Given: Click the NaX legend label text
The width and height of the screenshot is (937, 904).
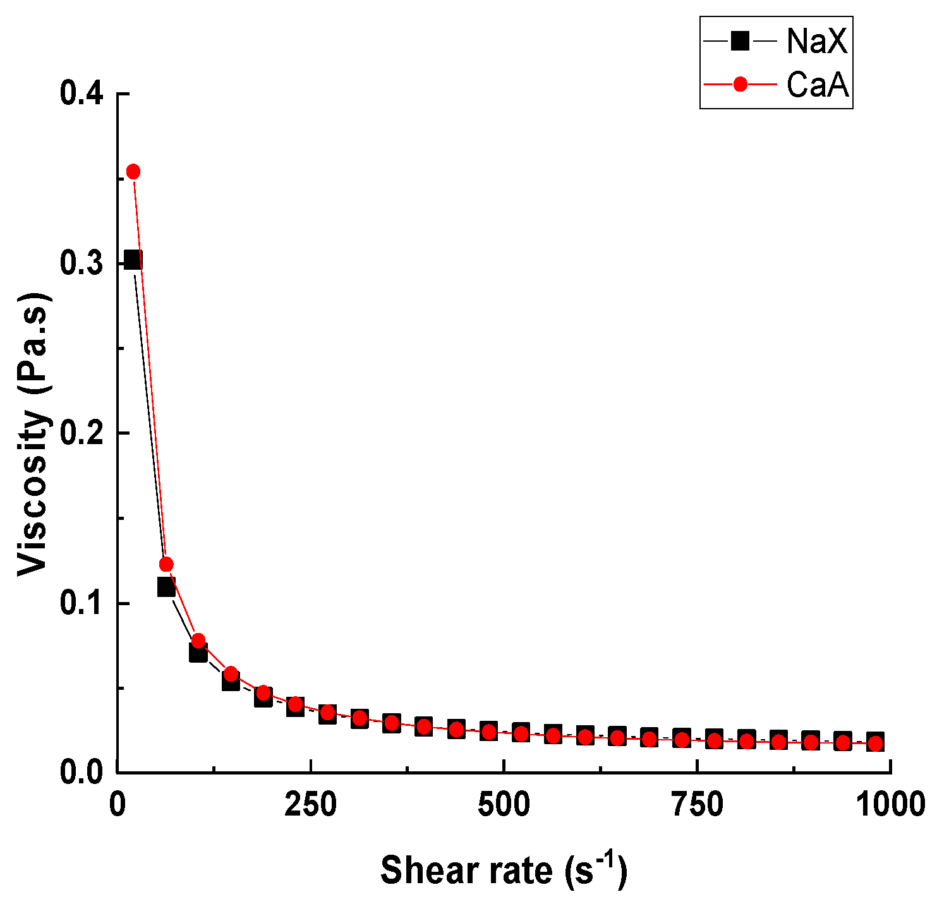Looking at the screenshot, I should pos(816,42).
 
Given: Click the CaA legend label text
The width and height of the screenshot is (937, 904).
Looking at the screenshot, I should pos(817,84).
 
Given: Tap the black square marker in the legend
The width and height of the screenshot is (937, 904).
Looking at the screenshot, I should pos(739,42).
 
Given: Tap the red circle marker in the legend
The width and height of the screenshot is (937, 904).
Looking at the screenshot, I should pos(739,84).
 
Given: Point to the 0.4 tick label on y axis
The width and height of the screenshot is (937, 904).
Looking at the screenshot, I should pos(82,93).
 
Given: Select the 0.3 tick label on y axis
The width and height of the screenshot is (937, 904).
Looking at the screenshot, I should pos(82,263).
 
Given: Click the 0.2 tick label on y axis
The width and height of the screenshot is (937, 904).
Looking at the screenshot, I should pos(82,433).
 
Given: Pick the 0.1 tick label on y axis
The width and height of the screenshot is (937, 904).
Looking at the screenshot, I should pos(82,603).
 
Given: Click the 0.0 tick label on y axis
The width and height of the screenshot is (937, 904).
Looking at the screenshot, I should pos(82,773).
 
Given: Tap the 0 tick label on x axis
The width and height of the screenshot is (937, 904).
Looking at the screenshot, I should pos(118,805).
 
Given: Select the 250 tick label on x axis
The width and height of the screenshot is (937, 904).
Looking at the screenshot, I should pos(310,805).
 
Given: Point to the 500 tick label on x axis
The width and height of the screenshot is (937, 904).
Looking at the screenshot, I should pos(504,805).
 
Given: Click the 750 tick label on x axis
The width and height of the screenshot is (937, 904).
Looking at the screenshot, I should pos(697,805).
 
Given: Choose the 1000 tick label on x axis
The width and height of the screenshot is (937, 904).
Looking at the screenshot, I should pos(890,805).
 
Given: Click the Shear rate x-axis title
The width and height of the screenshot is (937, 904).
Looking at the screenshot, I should pos(504,869).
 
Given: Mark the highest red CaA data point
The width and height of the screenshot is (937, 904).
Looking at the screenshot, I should pos(133,171).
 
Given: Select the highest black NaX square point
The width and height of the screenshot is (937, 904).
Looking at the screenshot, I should pos(132,260).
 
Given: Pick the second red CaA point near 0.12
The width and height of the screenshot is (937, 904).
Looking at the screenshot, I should pos(166,564).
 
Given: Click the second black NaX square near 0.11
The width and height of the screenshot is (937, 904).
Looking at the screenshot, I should pos(166,588).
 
